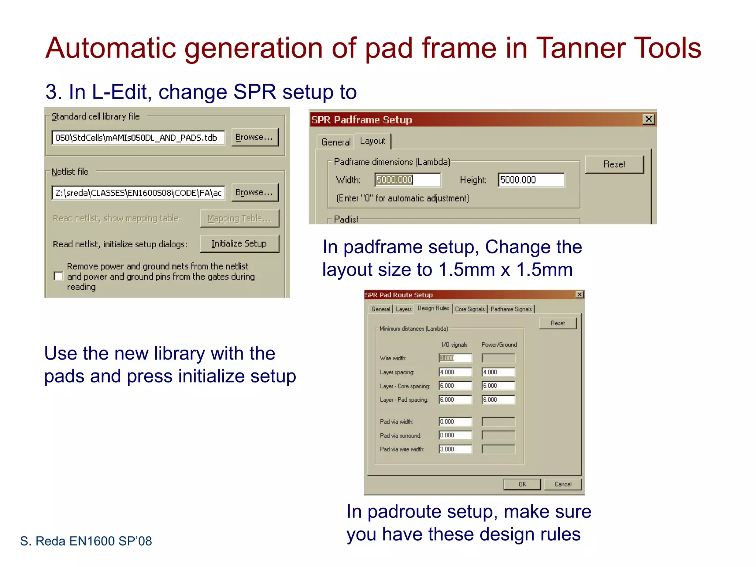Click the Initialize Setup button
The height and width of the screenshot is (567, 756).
click(239, 244)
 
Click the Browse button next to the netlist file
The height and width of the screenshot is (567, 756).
click(254, 192)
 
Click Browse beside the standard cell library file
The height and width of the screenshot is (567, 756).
click(254, 137)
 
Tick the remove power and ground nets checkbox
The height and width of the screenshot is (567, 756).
click(58, 276)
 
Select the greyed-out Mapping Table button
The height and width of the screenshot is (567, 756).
click(239, 219)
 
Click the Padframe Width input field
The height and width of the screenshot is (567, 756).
click(408, 180)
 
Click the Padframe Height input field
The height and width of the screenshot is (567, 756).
click(530, 180)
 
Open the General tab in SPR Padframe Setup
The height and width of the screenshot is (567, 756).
click(336, 142)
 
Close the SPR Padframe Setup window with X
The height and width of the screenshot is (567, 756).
click(649, 119)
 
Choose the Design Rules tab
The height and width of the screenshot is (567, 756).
click(433, 308)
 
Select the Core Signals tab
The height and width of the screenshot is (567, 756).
click(470, 309)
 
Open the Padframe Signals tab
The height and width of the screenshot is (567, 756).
click(511, 309)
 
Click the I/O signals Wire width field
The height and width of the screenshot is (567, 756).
click(455, 358)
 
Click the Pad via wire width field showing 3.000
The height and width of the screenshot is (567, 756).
click(455, 449)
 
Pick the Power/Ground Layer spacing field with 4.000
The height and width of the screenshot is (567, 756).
click(498, 372)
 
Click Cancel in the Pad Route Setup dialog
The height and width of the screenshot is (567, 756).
click(563, 484)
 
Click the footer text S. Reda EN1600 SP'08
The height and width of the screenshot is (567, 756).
click(86, 541)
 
